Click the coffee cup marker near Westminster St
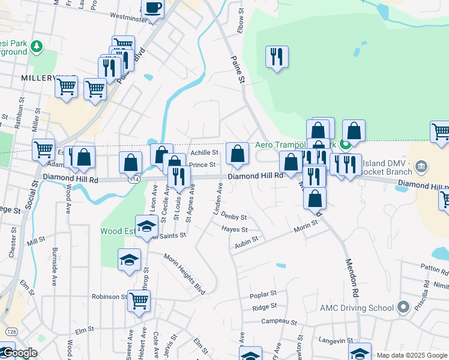click(x=152, y=8)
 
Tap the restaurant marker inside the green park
click(x=277, y=57)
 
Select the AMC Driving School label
click(x=359, y=308)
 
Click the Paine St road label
click(x=238, y=70)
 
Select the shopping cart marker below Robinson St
click(x=139, y=301)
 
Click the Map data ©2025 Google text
click(x=411, y=355)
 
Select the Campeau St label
click(x=279, y=322)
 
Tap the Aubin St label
click(x=246, y=239)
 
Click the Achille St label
click(x=203, y=153)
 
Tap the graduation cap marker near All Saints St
click(x=145, y=226)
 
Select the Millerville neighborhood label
click(x=39, y=79)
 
